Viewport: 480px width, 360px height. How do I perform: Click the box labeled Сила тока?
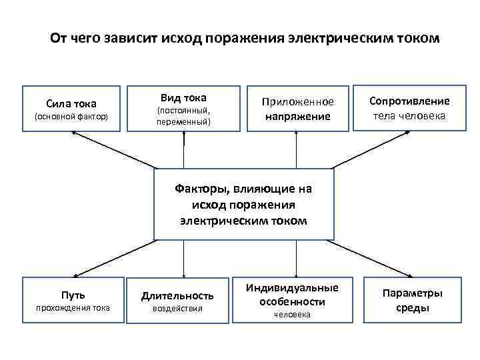pyautogui.click(x=71, y=108)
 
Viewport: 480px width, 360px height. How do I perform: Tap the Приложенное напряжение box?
pyautogui.click(x=297, y=108)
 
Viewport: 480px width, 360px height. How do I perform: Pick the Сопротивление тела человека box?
pyautogui.click(x=410, y=108)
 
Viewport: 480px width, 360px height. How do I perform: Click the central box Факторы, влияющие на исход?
pyautogui.click(x=243, y=204)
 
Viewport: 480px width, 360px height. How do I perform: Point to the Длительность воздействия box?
pyautogui.click(x=177, y=301)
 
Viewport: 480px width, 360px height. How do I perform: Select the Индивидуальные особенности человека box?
pyautogui.click(x=292, y=299)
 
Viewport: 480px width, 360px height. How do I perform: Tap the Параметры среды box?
pyautogui.click(x=411, y=299)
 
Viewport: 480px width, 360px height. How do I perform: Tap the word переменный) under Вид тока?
pyautogui.click(x=183, y=122)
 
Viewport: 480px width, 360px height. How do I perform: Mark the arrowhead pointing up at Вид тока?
pyautogui.click(x=183, y=135)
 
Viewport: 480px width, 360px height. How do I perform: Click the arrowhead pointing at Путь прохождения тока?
pyautogui.click(x=75, y=273)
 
